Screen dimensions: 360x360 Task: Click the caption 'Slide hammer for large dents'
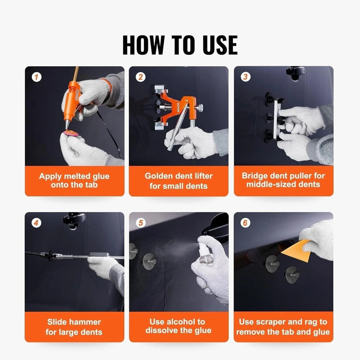pos(74,327)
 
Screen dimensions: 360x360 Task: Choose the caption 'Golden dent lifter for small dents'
pos(179,181)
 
